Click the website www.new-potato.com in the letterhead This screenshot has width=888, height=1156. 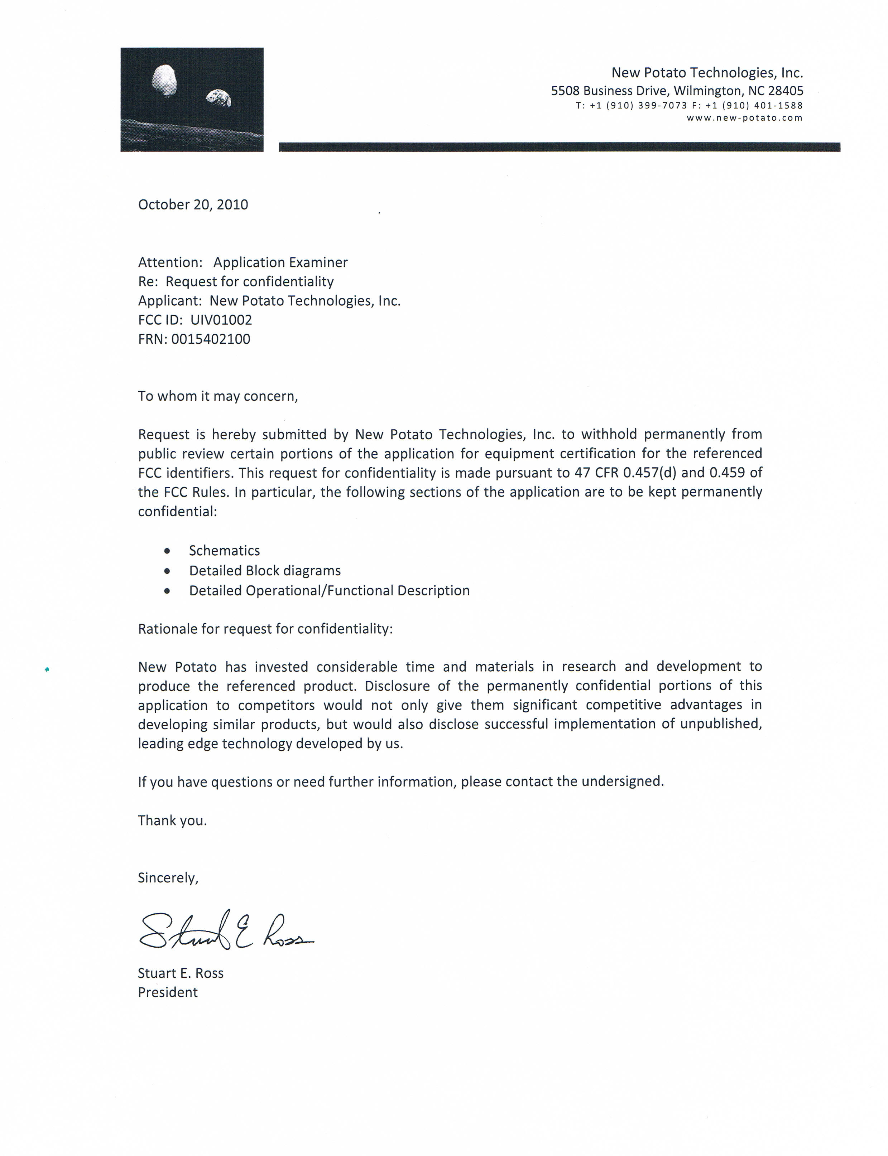[744, 118]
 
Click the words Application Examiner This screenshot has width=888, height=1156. [280, 262]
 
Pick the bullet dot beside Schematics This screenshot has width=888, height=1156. [167, 551]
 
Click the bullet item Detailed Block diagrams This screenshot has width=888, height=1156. [265, 571]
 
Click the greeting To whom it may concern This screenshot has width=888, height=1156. [218, 396]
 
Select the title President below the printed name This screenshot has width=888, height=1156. [168, 992]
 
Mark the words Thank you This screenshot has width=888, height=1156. [172, 821]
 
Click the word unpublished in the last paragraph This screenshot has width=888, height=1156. [720, 724]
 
